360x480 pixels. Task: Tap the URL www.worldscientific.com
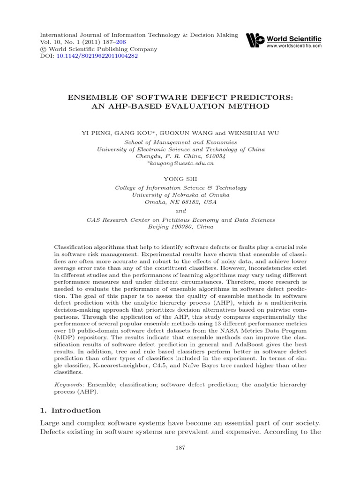point(294,46)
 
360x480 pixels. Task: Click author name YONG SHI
point(180,178)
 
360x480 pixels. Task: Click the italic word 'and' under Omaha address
point(180,210)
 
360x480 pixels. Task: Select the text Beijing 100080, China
point(180,226)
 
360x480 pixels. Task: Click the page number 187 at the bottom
point(180,448)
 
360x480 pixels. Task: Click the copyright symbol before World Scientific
point(43,49)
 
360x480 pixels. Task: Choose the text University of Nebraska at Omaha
point(180,195)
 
